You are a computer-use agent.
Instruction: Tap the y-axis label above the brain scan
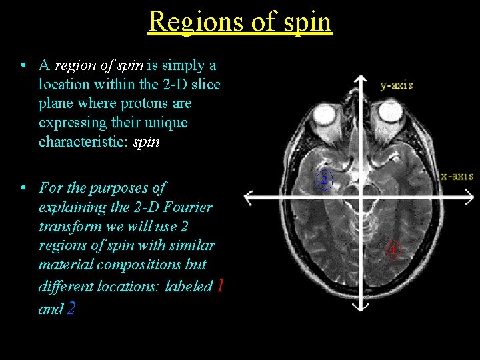[x=397, y=85]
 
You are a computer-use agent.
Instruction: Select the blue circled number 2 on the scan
[x=323, y=180]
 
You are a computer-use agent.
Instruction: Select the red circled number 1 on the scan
[x=393, y=251]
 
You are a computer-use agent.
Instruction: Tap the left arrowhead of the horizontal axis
[x=249, y=197]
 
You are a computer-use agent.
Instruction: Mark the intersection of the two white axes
[x=361, y=197]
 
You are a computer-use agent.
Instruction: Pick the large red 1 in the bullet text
[x=221, y=286]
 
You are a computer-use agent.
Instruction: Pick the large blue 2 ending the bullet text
[x=71, y=309]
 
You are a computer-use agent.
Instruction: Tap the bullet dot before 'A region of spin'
[x=23, y=65]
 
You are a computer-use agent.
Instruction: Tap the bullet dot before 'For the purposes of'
[x=23, y=188]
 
